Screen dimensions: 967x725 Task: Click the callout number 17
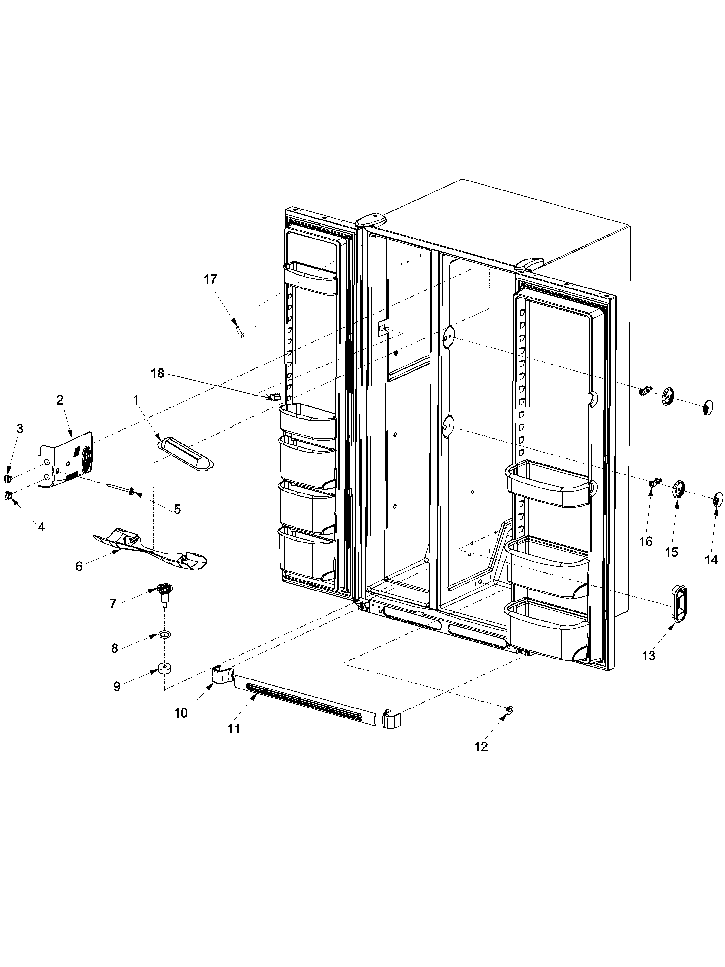point(210,279)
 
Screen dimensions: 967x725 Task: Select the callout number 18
point(158,373)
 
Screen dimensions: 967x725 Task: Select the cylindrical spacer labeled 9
point(164,669)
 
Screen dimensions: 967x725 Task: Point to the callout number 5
point(177,509)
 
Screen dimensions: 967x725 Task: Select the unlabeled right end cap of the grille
point(392,719)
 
